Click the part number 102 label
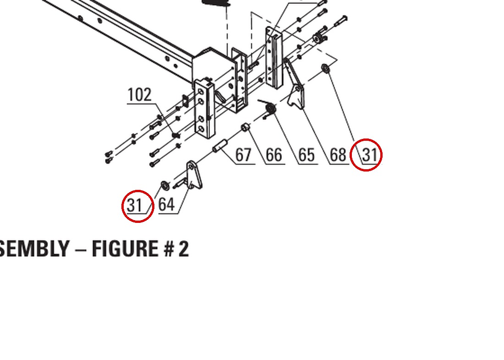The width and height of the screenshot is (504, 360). coord(139,95)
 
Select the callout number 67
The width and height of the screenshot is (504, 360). coord(243,155)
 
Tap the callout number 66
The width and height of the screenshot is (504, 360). coord(274,155)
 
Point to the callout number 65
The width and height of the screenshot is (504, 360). coord(307,155)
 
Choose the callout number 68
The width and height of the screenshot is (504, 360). coord(338,155)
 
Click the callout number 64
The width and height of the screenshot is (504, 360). coord(166,204)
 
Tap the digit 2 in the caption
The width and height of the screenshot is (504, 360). coord(184,249)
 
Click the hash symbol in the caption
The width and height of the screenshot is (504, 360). coord(169,249)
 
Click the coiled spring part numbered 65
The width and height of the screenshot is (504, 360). coord(270,108)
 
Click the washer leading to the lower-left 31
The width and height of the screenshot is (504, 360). coord(165,186)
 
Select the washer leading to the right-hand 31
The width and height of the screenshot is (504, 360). coord(326,68)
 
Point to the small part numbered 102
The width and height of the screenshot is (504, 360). coord(175,135)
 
